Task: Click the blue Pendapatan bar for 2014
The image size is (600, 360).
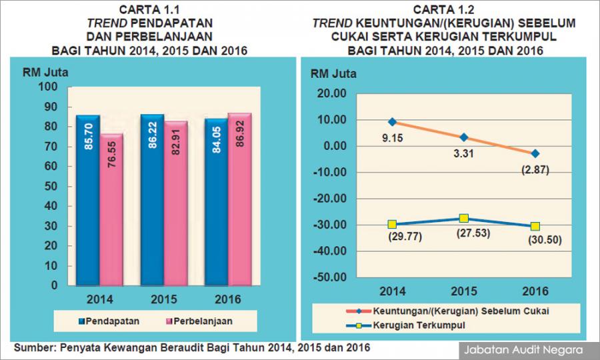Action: tap(87, 200)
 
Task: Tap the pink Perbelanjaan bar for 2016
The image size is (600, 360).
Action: tap(239, 200)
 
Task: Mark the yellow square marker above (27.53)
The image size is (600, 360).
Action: tap(464, 219)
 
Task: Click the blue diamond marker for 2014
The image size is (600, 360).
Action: tap(393, 122)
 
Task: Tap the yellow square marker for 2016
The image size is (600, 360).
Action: tap(535, 227)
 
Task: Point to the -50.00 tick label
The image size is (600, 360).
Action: tap(327, 277)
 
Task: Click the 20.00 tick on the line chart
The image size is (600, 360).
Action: tap(330, 94)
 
